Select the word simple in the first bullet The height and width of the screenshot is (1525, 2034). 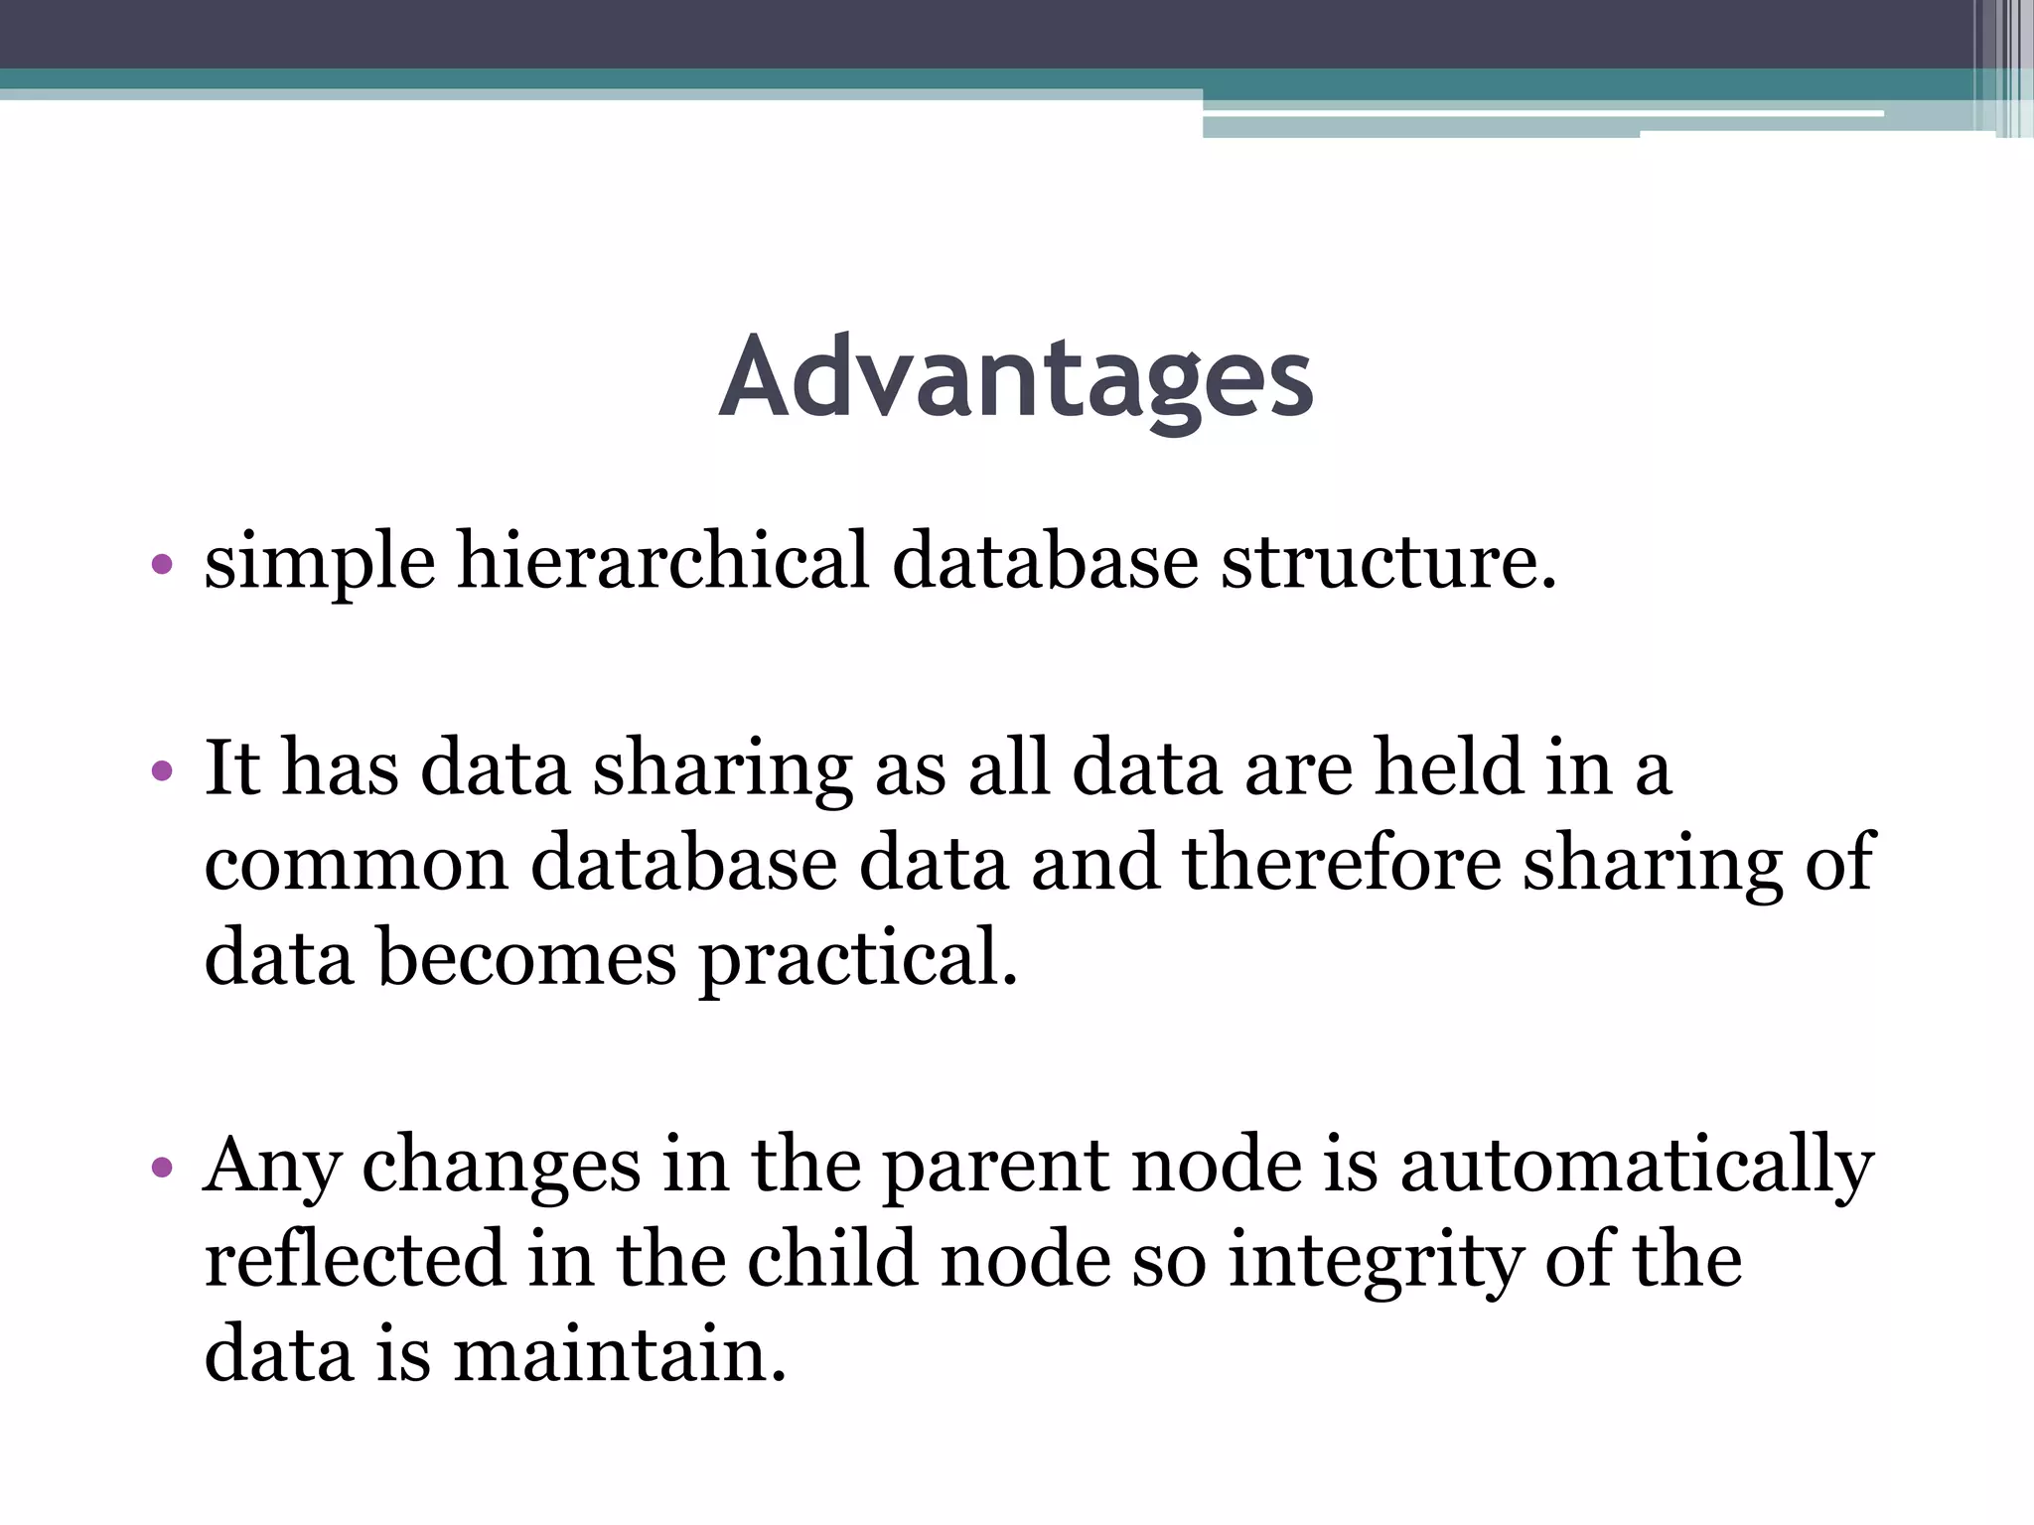(x=319, y=563)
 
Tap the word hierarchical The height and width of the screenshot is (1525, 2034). (x=662, y=561)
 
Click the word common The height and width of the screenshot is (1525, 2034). (x=357, y=865)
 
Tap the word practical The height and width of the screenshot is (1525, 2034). (x=858, y=960)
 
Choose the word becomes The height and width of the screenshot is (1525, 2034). (x=526, y=958)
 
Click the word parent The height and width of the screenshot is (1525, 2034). (x=994, y=1168)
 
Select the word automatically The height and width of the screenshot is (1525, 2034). (x=1636, y=1168)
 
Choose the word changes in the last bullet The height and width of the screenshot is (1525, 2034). (x=501, y=1168)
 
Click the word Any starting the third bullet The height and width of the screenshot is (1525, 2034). (x=272, y=1168)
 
